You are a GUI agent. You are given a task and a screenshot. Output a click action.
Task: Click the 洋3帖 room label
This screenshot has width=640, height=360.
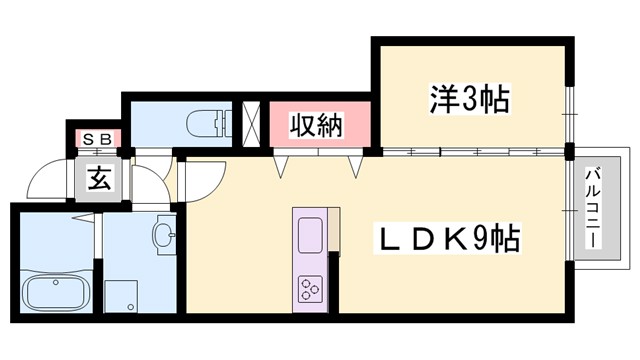pos(469,99)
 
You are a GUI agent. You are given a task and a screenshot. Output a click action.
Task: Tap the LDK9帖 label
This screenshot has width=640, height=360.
pos(446,240)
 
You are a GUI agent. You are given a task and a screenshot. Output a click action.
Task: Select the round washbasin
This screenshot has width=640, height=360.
pos(165,236)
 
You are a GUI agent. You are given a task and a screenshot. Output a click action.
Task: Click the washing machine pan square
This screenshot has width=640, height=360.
pos(123,295)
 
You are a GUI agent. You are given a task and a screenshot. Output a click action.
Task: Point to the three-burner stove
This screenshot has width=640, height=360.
pos(310,291)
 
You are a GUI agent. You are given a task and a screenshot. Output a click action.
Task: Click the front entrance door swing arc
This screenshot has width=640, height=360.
pos(45,180)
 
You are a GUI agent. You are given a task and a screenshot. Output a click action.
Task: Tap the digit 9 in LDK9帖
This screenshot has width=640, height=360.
pos(485,240)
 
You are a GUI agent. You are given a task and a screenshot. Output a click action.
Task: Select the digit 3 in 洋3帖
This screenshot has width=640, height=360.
pos(470,99)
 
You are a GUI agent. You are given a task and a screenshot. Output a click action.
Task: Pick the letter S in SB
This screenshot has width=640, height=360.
pos(88,139)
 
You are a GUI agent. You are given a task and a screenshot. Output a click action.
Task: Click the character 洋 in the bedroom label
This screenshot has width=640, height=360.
pos(442,99)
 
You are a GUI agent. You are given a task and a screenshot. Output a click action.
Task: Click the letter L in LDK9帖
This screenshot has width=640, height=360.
pos(385,240)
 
